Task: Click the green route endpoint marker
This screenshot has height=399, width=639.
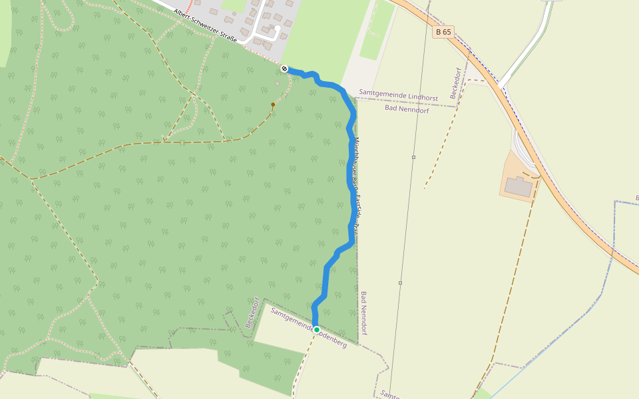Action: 317,330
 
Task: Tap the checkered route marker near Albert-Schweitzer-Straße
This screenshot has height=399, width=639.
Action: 284,68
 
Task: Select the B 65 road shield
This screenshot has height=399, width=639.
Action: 443,32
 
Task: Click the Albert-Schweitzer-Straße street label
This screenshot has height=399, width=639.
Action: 204,26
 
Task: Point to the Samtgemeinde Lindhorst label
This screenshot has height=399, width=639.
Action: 398,96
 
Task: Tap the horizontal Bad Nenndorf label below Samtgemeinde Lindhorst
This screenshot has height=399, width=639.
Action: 407,109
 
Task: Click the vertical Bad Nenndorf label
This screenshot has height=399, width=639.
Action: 364,313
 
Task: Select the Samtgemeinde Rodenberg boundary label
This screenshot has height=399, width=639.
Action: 309,327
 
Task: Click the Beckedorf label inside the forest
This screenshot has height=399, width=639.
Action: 251,312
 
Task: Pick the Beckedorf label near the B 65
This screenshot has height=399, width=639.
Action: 457,83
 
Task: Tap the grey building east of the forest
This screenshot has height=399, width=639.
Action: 519,187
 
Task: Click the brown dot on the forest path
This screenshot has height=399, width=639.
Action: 273,104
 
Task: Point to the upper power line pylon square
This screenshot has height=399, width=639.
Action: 413,157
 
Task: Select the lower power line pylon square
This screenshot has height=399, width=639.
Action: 400,283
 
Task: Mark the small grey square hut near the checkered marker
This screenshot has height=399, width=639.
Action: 278,84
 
